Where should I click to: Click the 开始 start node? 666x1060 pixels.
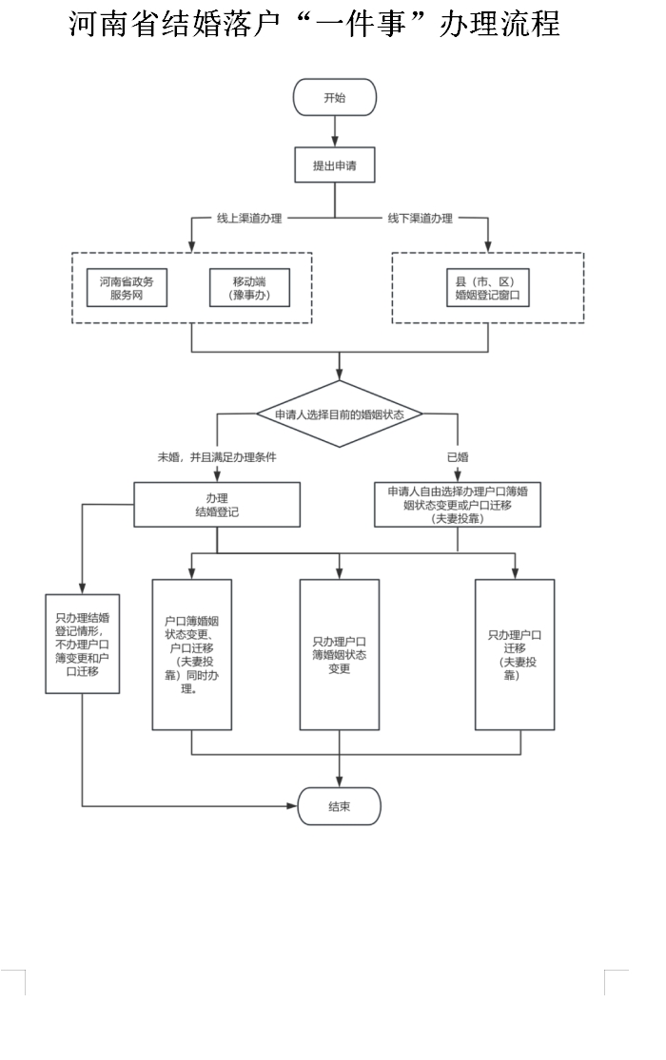coord(335,97)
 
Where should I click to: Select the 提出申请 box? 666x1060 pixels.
coord(335,165)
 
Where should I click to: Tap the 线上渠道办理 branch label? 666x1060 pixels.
coord(249,219)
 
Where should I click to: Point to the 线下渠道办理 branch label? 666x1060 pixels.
coord(420,219)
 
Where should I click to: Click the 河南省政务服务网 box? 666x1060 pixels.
coord(127,289)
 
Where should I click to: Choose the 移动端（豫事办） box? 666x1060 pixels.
coord(249,289)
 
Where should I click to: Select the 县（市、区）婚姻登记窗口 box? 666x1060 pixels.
coord(487,289)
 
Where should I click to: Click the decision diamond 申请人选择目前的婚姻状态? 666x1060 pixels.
coord(340,414)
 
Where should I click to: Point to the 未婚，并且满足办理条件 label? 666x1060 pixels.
coord(217,457)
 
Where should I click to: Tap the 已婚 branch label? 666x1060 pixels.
coord(458,457)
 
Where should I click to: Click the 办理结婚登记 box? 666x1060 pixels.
coord(217,505)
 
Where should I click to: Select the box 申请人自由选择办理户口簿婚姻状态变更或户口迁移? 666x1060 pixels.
coord(458,505)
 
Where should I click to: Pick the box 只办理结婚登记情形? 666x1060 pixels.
coord(83,644)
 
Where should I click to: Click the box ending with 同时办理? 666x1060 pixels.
coord(192,655)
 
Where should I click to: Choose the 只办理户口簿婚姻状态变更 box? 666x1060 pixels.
coord(340,655)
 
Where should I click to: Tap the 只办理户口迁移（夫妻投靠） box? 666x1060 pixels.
coord(515,655)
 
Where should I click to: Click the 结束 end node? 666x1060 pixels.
coord(340,806)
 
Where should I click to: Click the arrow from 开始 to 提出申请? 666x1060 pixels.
coord(335,131)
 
